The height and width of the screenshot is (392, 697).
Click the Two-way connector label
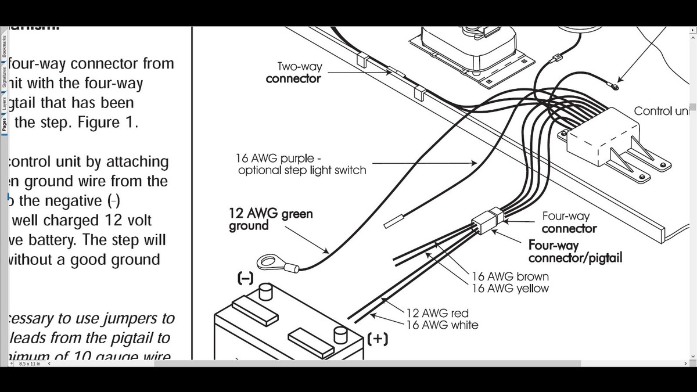tap(293, 73)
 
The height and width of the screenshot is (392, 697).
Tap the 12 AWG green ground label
tap(271, 220)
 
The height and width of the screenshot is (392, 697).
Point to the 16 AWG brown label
tap(510, 276)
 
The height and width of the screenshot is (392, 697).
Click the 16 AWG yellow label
tap(510, 288)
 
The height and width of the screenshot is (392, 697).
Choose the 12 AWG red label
tap(437, 314)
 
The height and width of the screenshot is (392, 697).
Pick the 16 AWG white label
tap(442, 325)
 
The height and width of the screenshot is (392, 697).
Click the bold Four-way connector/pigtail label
tap(574, 251)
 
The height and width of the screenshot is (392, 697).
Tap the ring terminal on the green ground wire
tap(270, 262)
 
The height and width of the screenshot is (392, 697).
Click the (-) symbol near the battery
tap(245, 279)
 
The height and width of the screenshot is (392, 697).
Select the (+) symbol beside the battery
tap(378, 338)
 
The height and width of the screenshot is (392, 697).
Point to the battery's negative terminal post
tap(265, 291)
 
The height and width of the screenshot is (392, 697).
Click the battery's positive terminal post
tap(340, 335)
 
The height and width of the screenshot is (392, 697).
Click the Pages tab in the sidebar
tap(4, 125)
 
